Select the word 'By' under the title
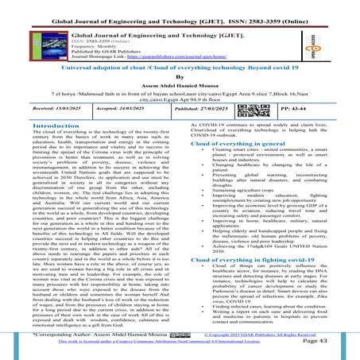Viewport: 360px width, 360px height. pyautogui.click(x=180, y=79)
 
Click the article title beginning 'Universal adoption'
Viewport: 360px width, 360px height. pyautogui.click(x=180, y=70)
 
